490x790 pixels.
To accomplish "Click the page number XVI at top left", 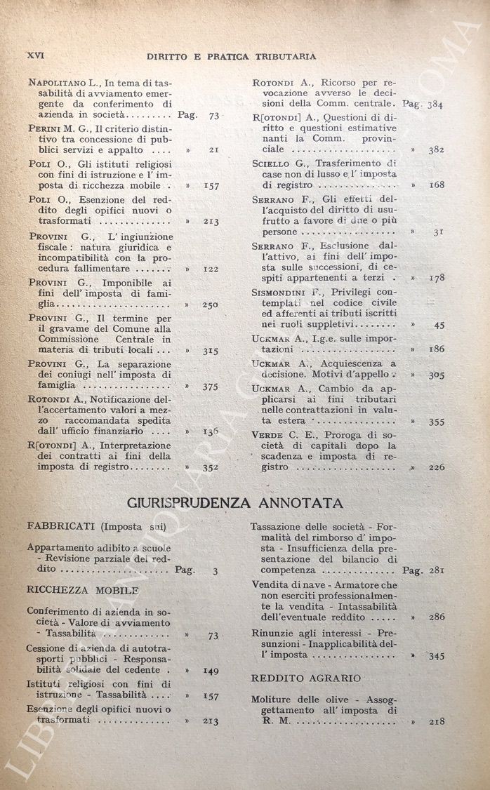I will [34, 55].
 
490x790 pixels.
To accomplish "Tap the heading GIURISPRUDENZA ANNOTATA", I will [234, 502].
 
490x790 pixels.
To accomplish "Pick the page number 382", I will [436, 149].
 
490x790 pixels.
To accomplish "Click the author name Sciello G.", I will [277, 163].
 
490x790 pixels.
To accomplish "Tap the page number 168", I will [436, 185].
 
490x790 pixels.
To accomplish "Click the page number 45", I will [439, 325].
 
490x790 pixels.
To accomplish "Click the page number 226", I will [436, 467].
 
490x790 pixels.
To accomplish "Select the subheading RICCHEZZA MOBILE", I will [73, 590].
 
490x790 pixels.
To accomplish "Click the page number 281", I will [435, 570].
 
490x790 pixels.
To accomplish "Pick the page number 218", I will [436, 721].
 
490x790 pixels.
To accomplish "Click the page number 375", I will [210, 386].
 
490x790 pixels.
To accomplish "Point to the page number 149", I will [210, 671].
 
